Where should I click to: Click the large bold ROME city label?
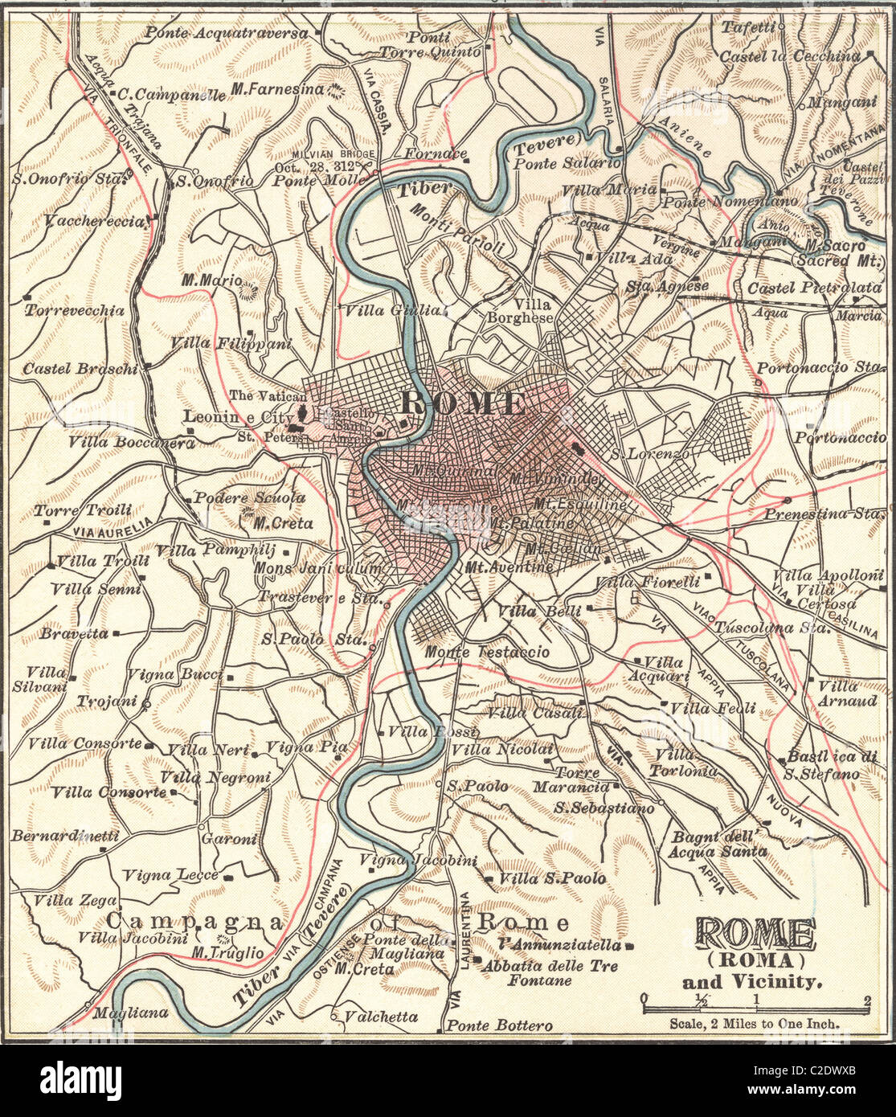(x=462, y=403)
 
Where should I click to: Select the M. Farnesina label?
(x=277, y=89)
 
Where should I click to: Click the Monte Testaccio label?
(x=488, y=652)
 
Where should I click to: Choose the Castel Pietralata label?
(x=814, y=288)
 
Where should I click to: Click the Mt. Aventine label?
(x=509, y=567)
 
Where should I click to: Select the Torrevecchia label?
(x=74, y=309)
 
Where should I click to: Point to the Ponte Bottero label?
(x=499, y=1026)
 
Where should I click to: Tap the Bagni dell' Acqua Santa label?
(x=718, y=844)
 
